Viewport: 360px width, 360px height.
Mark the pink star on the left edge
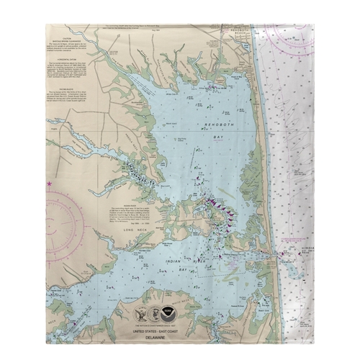pyautogui.click(x=49, y=184)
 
